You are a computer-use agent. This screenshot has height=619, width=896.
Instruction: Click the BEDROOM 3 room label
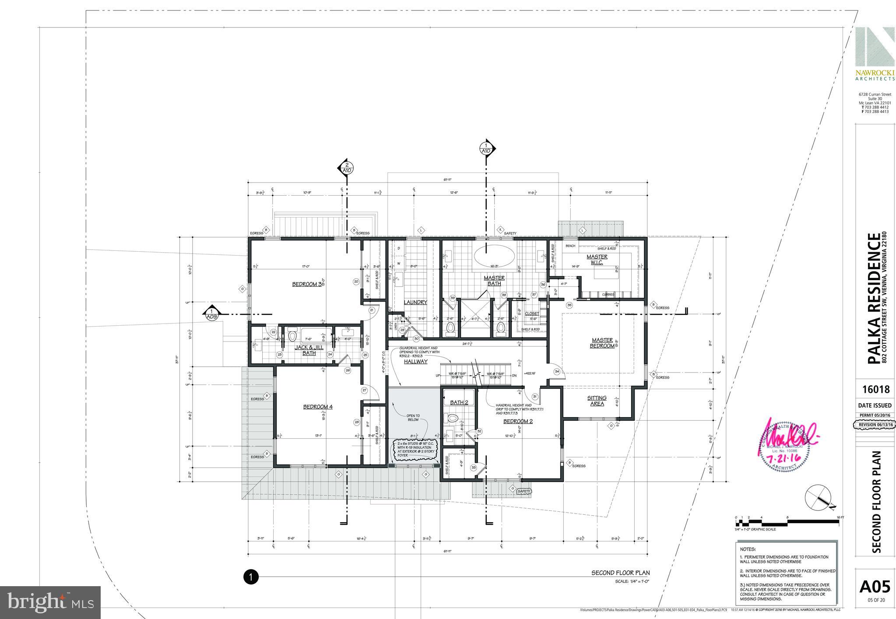pos(307,284)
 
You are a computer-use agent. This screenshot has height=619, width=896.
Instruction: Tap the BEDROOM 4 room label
pos(318,407)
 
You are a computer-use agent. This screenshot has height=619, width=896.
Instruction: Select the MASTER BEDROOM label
pos(603,343)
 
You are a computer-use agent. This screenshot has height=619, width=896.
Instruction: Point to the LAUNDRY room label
pos(415,302)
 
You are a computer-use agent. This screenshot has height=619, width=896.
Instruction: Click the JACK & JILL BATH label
pos(309,350)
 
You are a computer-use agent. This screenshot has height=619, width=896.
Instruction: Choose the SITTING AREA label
pos(597,401)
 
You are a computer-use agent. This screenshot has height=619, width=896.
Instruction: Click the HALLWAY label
pos(415,362)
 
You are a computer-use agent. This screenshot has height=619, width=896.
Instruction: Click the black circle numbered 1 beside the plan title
pos(251,577)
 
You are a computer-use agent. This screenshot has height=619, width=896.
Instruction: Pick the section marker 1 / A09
pos(212,313)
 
